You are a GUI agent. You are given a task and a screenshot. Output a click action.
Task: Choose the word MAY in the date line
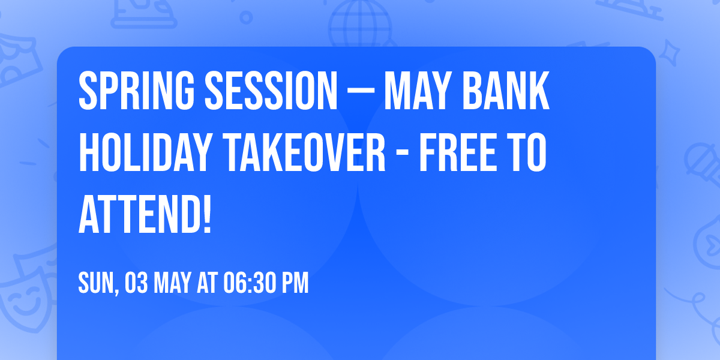tap(173, 283)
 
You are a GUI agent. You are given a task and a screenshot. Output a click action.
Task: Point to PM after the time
tap(295, 283)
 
